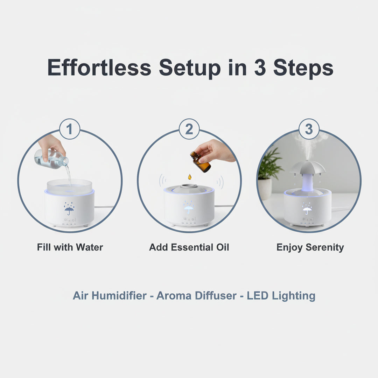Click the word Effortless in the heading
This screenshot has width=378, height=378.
pos(99,68)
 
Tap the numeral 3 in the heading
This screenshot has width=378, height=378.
pos(260,68)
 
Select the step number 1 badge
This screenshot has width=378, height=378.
pos(69,129)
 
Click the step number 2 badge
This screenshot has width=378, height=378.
pos(189,129)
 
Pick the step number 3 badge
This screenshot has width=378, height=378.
pos(309,129)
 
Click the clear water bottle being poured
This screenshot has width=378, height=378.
pos(51,159)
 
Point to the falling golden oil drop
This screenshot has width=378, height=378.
pos(189,177)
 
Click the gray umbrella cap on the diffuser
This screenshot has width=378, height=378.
pos(307,168)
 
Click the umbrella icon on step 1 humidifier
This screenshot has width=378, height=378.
pos(69,209)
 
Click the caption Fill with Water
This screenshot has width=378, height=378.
pos(70,247)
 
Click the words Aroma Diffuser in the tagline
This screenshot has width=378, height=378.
pos(196,296)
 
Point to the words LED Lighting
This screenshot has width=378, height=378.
pos(281,296)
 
